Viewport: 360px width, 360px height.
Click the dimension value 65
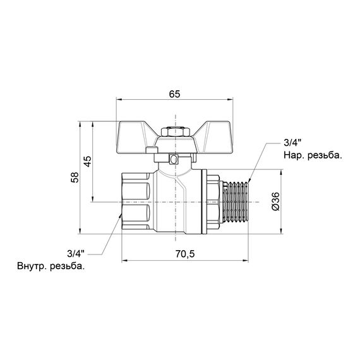pos(175,93)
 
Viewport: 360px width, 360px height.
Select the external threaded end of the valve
pos(236,201)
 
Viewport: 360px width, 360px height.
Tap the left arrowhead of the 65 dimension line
pos(120,100)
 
